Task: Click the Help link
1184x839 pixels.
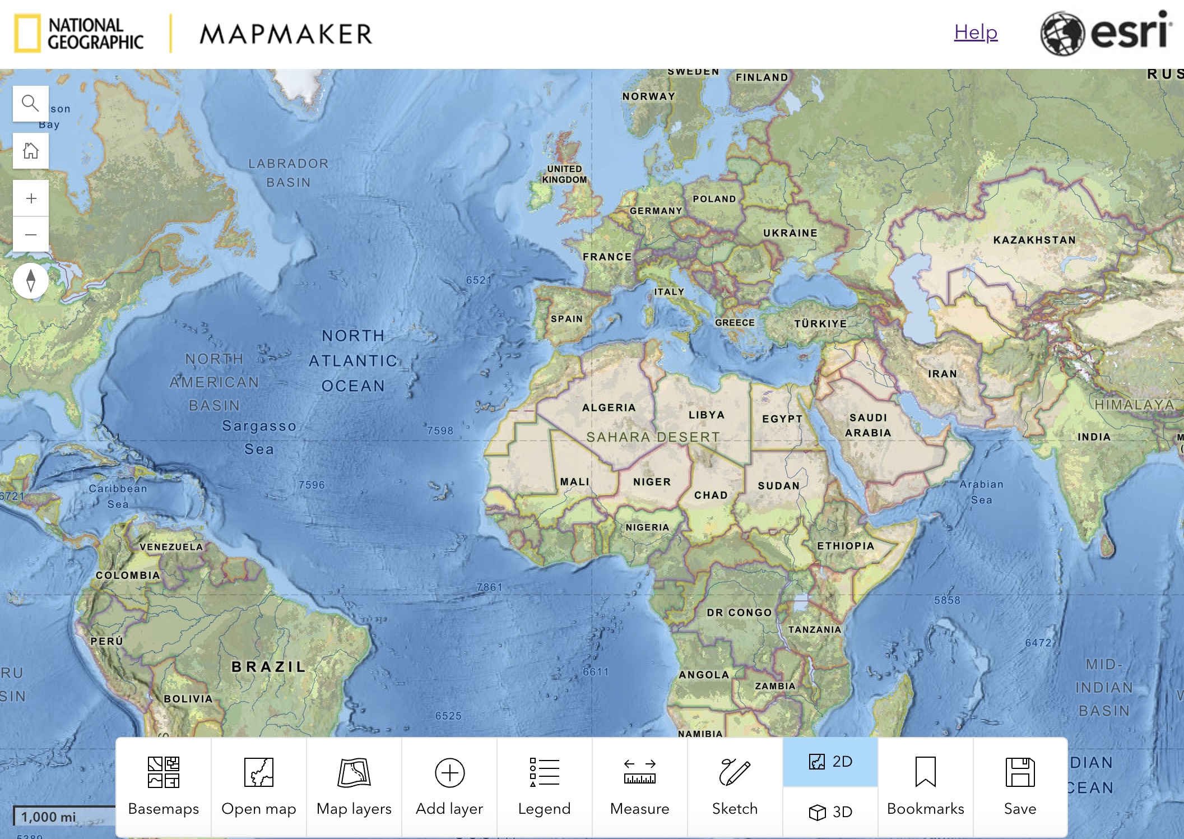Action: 976,33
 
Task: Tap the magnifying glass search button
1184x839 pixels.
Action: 31,104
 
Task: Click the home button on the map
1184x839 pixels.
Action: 31,151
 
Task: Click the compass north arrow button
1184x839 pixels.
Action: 31,280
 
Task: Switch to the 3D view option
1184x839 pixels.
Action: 830,812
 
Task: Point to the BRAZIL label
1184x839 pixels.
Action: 269,667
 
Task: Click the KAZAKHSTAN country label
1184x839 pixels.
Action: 1034,240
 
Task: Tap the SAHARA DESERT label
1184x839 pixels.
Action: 653,437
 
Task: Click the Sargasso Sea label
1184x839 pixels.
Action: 259,437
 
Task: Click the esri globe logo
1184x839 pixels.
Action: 1062,34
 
